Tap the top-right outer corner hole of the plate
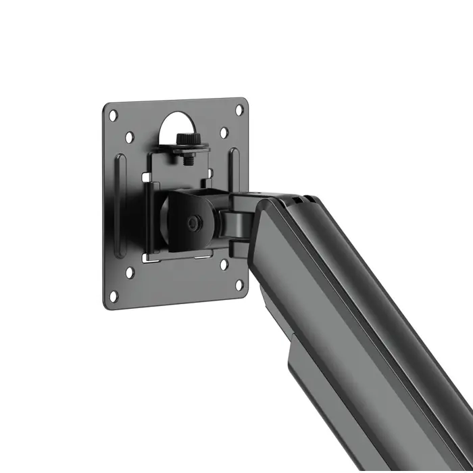coord(240,109)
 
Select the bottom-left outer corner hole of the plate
coord(114,295)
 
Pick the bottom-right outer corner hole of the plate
coord(239,287)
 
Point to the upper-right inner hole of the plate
coord(224,132)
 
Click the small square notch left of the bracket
coord(145,176)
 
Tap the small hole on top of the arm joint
coord(259,194)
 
